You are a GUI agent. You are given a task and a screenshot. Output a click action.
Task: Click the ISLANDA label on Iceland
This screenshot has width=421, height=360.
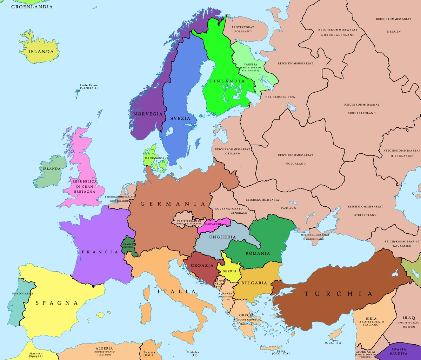(x=41, y=52)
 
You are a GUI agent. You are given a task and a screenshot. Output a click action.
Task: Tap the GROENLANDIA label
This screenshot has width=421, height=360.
(x=32, y=7)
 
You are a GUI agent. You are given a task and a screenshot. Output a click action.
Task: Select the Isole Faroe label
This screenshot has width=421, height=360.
(x=89, y=87)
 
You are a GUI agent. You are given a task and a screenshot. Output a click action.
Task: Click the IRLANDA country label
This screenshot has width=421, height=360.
(x=52, y=168)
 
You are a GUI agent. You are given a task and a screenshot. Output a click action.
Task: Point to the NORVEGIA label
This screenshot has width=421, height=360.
(x=148, y=114)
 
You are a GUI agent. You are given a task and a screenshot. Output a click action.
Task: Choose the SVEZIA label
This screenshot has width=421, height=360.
(x=180, y=118)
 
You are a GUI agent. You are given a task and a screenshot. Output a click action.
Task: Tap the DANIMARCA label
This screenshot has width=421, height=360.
(x=154, y=158)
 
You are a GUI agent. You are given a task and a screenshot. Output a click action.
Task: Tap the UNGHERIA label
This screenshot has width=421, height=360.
(x=222, y=237)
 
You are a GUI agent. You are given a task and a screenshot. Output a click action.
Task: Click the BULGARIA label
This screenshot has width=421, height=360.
(x=254, y=283)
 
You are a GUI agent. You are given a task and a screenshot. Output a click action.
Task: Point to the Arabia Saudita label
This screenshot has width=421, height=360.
(x=398, y=351)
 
